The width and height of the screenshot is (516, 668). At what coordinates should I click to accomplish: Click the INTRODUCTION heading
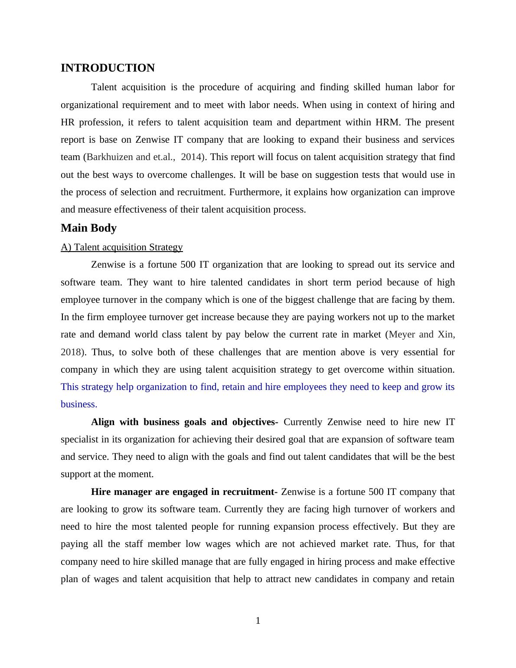point(108,68)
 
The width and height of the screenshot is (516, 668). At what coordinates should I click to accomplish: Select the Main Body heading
point(88,228)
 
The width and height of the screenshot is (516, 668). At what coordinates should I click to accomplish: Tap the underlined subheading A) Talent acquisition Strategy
point(121,247)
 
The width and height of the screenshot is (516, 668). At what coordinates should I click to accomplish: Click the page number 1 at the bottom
point(258,621)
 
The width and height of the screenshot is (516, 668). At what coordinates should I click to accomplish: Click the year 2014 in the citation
point(191,157)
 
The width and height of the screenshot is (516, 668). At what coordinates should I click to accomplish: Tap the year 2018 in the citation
point(71,352)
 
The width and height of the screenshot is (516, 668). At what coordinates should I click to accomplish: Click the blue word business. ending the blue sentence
point(79,404)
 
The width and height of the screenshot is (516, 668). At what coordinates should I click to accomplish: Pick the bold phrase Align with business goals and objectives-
point(184,422)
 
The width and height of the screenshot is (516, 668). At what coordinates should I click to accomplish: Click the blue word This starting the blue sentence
point(69,387)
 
